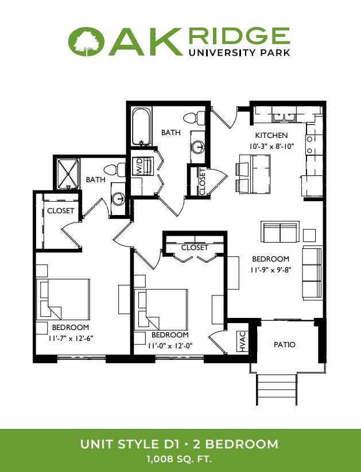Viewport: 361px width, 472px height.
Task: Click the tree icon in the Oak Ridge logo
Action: click(x=87, y=42)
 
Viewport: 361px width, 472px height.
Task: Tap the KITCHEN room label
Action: click(x=271, y=136)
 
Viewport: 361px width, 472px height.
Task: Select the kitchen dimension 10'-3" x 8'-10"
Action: click(x=271, y=147)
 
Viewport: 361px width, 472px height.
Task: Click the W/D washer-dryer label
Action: click(x=140, y=166)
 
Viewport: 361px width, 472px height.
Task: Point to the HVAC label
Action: click(x=243, y=341)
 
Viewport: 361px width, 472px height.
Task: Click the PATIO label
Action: click(x=284, y=344)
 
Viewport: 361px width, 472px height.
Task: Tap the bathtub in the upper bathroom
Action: click(x=141, y=127)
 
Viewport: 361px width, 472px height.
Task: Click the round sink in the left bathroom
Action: click(x=118, y=199)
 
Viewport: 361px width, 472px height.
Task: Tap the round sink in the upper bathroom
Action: click(x=198, y=147)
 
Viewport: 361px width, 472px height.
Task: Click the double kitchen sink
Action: click(x=284, y=116)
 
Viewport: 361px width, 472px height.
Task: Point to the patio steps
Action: click(x=277, y=390)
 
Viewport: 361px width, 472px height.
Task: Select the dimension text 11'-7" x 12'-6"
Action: click(x=71, y=339)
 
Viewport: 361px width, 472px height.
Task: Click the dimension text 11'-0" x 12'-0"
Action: click(x=170, y=346)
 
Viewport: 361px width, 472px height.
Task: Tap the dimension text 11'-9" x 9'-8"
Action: click(x=271, y=270)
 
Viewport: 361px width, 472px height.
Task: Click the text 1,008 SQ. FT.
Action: click(x=180, y=459)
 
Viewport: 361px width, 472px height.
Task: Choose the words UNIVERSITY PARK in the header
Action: click(x=239, y=52)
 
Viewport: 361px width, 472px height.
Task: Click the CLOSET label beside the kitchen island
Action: click(x=202, y=182)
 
